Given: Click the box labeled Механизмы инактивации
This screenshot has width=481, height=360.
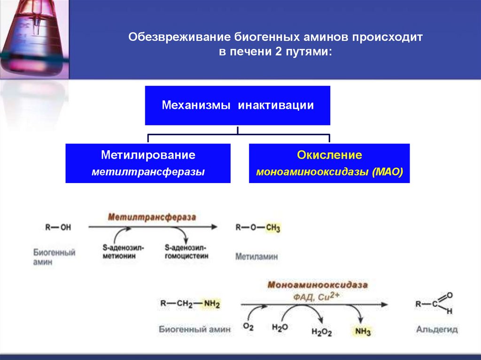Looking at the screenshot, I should tap(237, 106).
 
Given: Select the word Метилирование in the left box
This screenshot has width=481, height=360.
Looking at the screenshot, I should tap(148, 155).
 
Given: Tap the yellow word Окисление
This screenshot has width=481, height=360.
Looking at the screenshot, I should tap(329, 155).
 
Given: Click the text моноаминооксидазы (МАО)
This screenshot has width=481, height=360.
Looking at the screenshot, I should tap(329, 172).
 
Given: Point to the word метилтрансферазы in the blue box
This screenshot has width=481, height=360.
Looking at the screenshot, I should tap(148, 172).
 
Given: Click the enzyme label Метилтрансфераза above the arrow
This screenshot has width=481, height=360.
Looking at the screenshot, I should tap(152, 217).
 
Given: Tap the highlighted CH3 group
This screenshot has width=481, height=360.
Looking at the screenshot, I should tap(272, 228).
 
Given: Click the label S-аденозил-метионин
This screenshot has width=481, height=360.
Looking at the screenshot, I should tap(124, 252).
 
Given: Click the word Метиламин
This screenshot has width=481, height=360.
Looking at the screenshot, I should tap(256, 257).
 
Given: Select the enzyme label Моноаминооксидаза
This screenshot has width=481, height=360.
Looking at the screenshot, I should tap(318, 285).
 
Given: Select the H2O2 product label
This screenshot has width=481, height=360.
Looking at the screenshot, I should tap(321, 332).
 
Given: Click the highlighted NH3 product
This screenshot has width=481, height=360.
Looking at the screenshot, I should tap(362, 332).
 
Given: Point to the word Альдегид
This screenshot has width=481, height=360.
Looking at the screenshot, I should tap(437, 329).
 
